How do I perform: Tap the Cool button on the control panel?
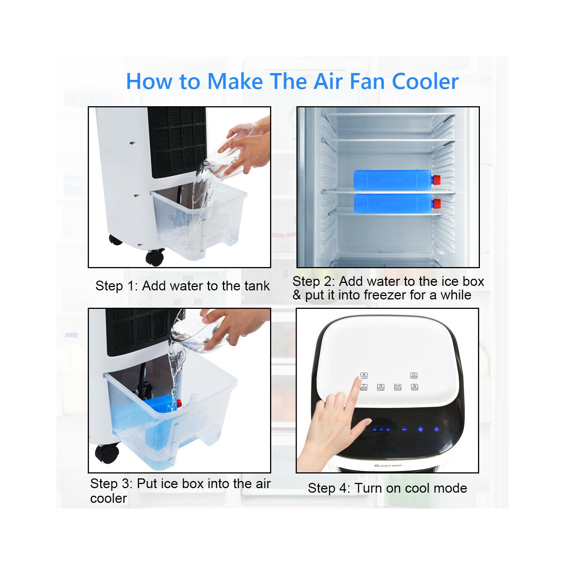364,376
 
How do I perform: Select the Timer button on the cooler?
381,387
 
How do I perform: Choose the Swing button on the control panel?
398,387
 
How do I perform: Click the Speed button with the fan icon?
414,387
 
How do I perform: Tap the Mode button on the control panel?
363,387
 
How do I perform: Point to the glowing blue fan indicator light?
421,429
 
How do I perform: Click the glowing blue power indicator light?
437,429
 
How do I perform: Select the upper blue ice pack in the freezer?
392,180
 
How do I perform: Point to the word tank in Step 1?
257,286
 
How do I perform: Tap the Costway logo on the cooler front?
388,466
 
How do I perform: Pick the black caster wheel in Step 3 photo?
107,453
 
